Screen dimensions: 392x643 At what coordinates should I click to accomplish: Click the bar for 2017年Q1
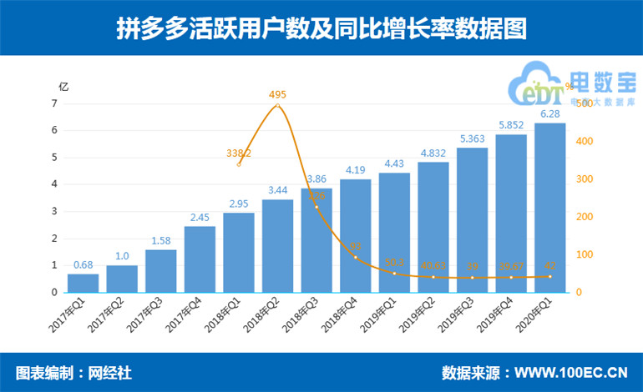[83, 283]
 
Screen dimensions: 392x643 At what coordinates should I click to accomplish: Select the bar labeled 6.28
[549, 209]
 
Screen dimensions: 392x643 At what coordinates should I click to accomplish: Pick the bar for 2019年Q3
[472, 220]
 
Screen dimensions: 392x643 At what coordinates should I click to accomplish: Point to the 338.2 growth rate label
[239, 153]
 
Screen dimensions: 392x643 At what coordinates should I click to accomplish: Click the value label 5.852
[510, 125]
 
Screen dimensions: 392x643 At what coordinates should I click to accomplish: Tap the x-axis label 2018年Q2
[268, 315]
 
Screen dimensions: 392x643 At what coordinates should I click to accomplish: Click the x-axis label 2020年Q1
[540, 315]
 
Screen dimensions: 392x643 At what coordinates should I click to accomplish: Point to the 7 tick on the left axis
[54, 103]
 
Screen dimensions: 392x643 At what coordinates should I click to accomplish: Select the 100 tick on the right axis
[583, 254]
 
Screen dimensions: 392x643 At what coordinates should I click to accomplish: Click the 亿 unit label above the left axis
[63, 86]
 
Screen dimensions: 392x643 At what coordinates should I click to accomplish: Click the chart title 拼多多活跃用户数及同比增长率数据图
[321, 28]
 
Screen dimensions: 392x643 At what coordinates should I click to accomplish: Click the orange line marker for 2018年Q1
[239, 164]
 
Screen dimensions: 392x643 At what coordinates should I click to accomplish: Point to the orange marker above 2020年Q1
[549, 276]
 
